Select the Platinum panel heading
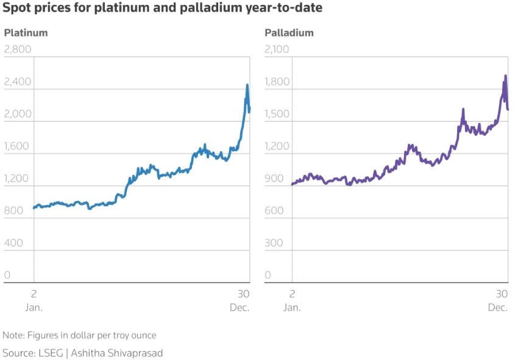coord(26,33)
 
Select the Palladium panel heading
coord(289,33)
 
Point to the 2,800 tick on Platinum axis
coord(18,49)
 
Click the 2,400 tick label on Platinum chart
coord(18,82)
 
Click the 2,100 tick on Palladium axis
coord(277,49)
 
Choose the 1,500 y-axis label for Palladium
coord(277,114)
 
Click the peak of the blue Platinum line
coord(247,85)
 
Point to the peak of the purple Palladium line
coord(505,76)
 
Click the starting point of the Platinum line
coord(34,208)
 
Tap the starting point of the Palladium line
coord(293,184)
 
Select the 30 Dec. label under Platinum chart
coord(241,300)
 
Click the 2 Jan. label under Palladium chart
coord(292,300)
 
